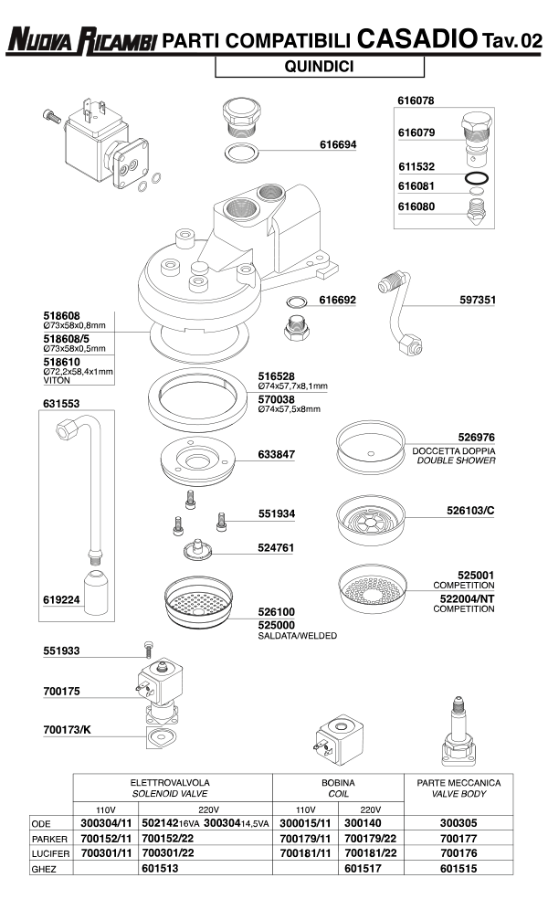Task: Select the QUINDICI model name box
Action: (x=320, y=67)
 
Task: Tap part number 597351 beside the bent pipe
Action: (x=478, y=300)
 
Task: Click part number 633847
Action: (x=276, y=454)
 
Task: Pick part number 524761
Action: (x=277, y=549)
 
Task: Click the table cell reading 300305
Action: (x=458, y=822)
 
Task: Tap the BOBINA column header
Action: (x=337, y=783)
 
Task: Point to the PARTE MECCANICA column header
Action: (x=458, y=783)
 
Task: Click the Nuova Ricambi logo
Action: (x=80, y=40)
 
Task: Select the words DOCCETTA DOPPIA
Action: (x=454, y=451)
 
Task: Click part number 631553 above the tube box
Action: (x=60, y=403)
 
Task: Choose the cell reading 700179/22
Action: (x=370, y=838)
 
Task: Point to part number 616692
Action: (x=338, y=300)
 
